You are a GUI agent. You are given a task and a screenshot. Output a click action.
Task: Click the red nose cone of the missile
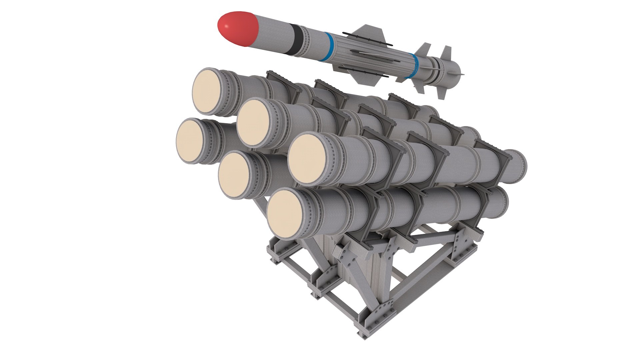pyautogui.click(x=237, y=28)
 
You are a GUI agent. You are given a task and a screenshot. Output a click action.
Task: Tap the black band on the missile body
pyautogui.click(x=296, y=39)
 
